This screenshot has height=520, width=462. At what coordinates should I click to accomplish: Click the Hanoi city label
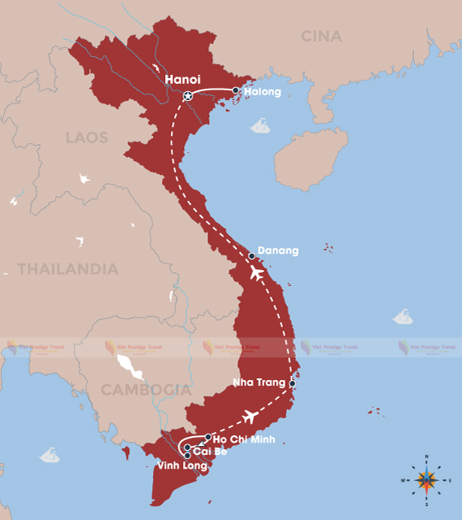(x=182, y=80)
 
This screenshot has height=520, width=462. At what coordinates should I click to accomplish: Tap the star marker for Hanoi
(x=188, y=97)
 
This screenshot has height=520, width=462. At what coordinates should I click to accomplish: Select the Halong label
(x=263, y=92)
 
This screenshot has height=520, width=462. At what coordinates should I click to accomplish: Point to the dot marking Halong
(x=236, y=91)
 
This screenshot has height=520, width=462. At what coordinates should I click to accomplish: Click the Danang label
(x=277, y=251)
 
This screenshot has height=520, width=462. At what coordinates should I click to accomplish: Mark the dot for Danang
(x=252, y=256)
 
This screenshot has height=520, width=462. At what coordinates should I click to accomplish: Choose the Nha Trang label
(x=259, y=382)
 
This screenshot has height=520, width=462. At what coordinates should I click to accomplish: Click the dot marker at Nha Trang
(x=292, y=382)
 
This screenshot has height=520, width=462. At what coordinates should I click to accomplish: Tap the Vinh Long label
(x=183, y=466)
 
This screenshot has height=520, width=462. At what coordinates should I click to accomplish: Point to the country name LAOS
(x=87, y=138)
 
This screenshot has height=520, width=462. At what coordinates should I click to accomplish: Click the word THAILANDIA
(x=68, y=269)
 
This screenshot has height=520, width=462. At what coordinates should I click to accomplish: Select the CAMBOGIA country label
(x=146, y=391)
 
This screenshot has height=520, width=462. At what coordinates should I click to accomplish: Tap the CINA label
(x=321, y=37)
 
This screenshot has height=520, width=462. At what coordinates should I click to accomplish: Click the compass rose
(x=427, y=481)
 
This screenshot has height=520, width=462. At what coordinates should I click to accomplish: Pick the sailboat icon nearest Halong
(x=260, y=125)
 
